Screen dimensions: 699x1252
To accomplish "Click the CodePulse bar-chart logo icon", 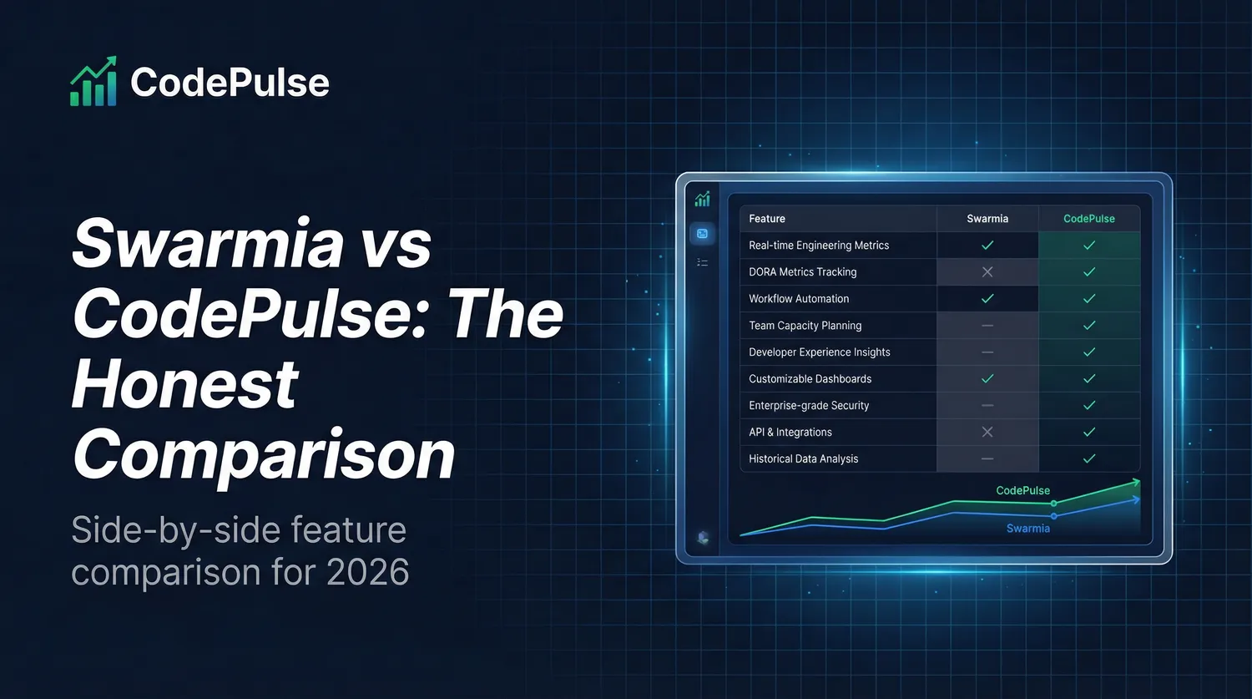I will tap(93, 82).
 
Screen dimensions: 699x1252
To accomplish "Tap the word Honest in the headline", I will tap(184, 384).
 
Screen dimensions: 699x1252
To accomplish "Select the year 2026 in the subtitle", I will tap(367, 572).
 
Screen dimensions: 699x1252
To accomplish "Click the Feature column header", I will tap(767, 219).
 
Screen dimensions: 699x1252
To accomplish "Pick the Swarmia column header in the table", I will tap(987, 219).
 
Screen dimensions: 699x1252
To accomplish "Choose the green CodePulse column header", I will tap(1088, 219).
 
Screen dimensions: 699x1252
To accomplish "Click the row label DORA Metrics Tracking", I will tap(802, 272).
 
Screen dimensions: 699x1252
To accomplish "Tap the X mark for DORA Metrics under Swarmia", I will tap(987, 272).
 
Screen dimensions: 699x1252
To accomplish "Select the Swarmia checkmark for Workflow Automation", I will tap(987, 299).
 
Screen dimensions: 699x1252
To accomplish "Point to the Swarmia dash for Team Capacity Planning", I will tap(987, 326).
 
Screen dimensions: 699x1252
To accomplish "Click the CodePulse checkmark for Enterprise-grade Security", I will tap(1088, 406).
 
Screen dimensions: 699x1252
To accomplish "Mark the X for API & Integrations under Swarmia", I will tap(987, 433).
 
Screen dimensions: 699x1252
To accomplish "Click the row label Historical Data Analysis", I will tap(803, 459).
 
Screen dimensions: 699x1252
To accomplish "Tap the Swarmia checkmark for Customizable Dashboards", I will tap(987, 379).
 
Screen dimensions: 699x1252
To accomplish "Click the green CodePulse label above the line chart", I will tap(1022, 490).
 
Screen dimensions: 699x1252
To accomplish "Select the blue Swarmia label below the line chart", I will tap(1027, 528).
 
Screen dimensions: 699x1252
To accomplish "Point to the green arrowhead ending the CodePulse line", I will tap(1134, 482).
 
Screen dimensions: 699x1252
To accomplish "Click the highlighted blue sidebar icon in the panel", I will tap(702, 234).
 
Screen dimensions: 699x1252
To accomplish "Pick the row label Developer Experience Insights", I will tap(819, 352).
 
